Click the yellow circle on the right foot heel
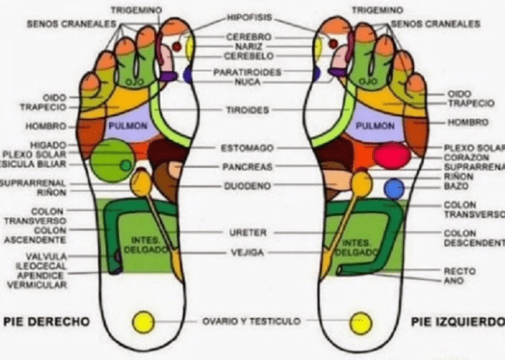click(x=143, y=322)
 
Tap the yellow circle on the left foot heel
click(x=361, y=322)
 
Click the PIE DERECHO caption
click(x=47, y=322)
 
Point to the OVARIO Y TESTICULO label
click(x=251, y=322)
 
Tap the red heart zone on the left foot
click(x=391, y=156)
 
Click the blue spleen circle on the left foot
click(x=394, y=189)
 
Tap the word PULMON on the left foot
click(x=370, y=125)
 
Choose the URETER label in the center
click(x=249, y=233)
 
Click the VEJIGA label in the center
click(x=247, y=253)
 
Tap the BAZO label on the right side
click(x=458, y=185)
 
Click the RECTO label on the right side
click(x=460, y=271)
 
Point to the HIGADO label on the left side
click(x=49, y=145)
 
